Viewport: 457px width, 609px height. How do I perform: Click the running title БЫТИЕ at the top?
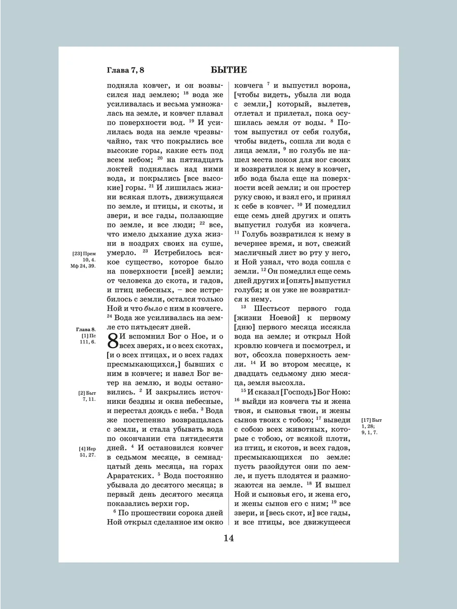[x=228, y=70]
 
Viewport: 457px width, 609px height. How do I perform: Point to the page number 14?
[x=228, y=538]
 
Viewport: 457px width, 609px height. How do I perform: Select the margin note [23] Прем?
[x=84, y=253]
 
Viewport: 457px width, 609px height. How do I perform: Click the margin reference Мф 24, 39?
[x=82, y=266]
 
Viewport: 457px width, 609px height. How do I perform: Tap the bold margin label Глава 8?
[x=86, y=329]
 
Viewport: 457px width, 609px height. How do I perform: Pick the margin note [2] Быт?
[x=87, y=393]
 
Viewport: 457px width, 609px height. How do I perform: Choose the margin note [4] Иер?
[x=87, y=449]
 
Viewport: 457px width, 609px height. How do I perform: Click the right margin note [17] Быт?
[x=371, y=420]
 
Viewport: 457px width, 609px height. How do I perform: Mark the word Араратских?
[x=129, y=477]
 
